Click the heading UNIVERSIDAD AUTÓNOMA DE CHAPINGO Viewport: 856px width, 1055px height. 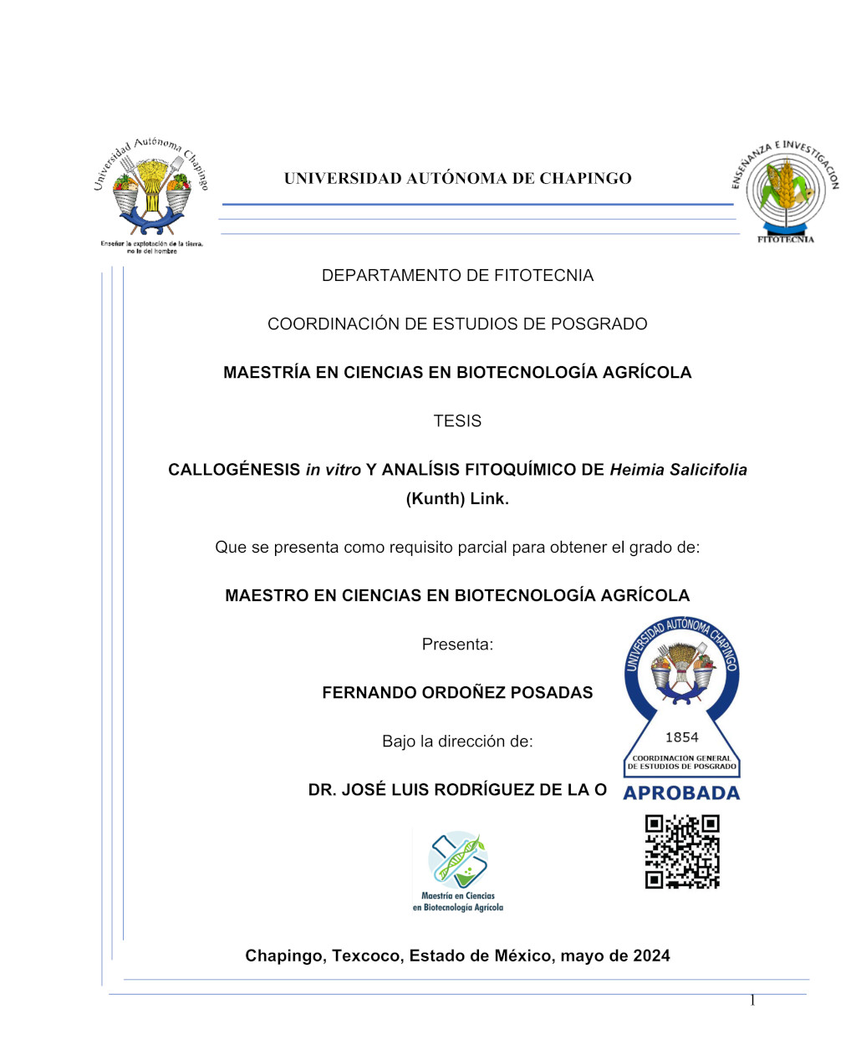(457, 178)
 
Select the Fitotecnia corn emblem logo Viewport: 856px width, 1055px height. (784, 189)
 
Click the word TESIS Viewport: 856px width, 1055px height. (457, 421)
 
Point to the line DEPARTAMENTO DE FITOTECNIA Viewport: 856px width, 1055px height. (457, 276)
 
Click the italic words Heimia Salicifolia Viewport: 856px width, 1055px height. (678, 470)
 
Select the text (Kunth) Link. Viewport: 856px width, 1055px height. (457, 499)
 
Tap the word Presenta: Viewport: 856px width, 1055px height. (457, 645)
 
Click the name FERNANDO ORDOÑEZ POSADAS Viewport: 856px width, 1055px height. (457, 693)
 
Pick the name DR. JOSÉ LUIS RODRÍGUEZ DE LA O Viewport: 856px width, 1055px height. (457, 790)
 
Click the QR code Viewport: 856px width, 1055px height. (682, 852)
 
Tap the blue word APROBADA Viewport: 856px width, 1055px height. (681, 793)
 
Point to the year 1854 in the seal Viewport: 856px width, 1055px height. (681, 737)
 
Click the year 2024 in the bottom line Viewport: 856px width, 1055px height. (651, 956)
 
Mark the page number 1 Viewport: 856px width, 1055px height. (752, 1001)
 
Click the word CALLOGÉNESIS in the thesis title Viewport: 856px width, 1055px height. (234, 470)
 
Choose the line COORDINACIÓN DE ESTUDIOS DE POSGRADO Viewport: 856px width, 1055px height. (457, 324)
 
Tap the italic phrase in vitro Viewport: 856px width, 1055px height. (333, 470)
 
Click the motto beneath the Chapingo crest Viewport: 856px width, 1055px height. (151, 247)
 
